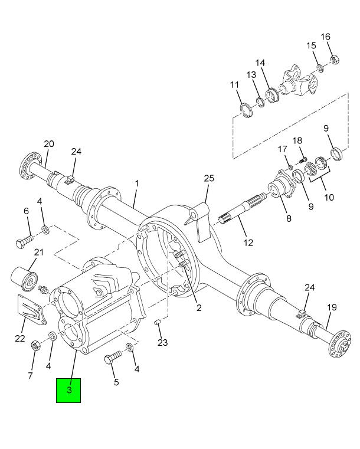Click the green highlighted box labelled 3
pyautogui.click(x=68, y=390)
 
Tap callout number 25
pyautogui.click(x=208, y=179)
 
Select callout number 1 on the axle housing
pyautogui.click(x=136, y=183)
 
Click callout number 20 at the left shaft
pyautogui.click(x=49, y=144)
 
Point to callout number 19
pyautogui.click(x=332, y=307)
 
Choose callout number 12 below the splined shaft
pyautogui.click(x=248, y=242)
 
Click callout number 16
pyautogui.click(x=326, y=37)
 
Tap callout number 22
pyautogui.click(x=20, y=338)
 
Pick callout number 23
pyautogui.click(x=163, y=343)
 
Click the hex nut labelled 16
pyautogui.click(x=333, y=58)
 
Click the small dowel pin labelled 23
pyautogui.click(x=158, y=322)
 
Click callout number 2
pyautogui.click(x=199, y=307)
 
